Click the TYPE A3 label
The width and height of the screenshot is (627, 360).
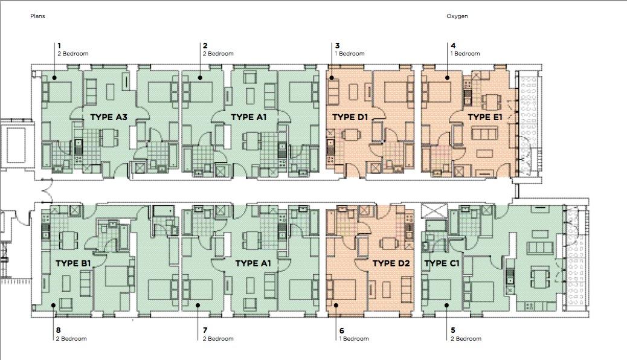pos(108,117)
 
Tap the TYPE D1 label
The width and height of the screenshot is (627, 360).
pos(350,117)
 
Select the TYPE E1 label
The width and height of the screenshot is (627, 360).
pos(484,117)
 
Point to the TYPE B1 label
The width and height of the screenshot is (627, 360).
pos(73,263)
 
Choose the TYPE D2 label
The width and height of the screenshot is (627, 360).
pos(391,263)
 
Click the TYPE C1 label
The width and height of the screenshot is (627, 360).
pos(442,263)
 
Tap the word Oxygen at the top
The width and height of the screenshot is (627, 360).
pos(457,16)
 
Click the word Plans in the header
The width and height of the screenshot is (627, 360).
pos(37,16)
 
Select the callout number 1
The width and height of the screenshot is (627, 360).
pos(59,45)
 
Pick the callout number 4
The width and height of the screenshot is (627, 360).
pos(453,45)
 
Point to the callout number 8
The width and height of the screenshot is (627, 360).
pos(59,330)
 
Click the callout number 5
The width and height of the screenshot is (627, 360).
pos(453,330)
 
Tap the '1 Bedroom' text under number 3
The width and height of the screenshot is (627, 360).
pos(350,54)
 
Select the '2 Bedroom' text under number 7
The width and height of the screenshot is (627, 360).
pos(218,339)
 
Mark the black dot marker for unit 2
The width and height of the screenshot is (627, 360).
pos(199,77)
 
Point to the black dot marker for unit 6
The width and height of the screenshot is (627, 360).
pos(336,305)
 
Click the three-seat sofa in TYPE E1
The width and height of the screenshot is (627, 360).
pos(484,133)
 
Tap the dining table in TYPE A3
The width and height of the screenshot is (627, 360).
pos(108,137)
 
